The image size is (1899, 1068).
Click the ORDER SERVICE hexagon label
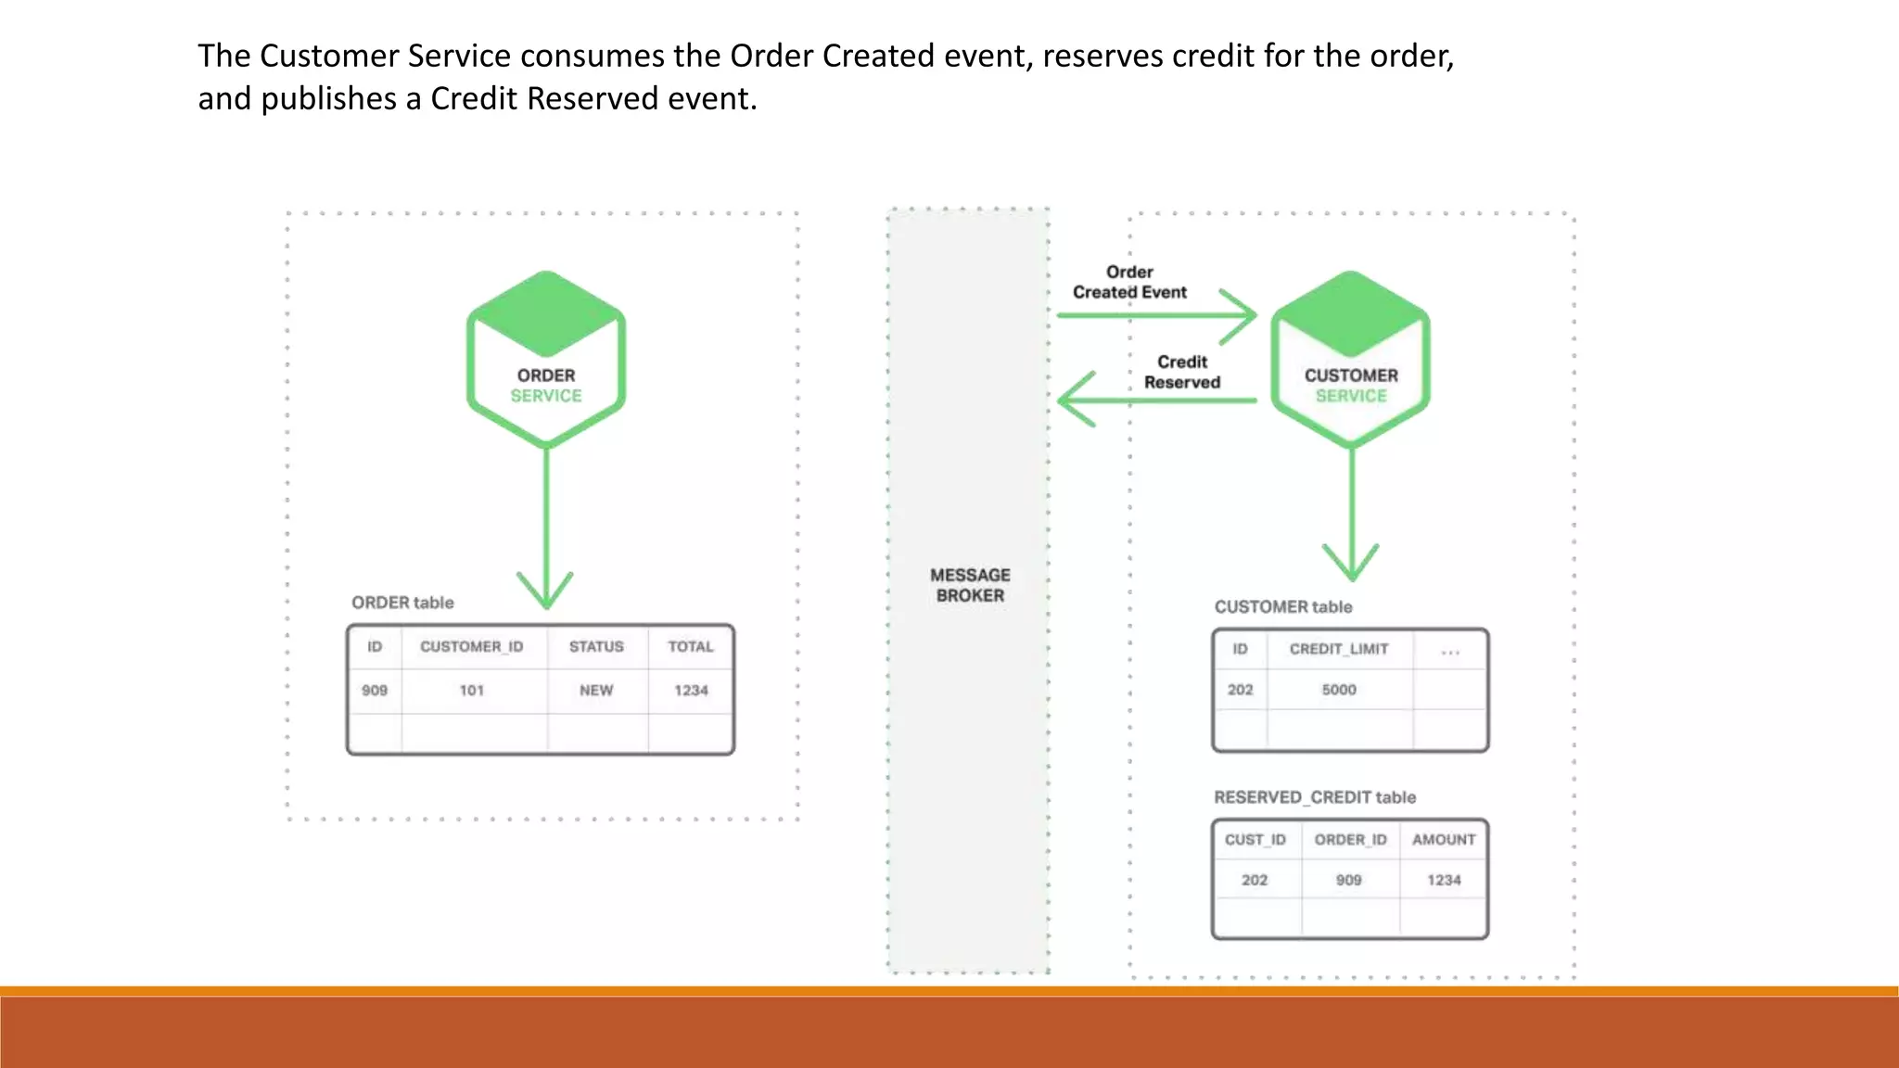[x=546, y=386]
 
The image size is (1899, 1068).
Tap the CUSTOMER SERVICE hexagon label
[x=1351, y=386]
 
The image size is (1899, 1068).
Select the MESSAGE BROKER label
[x=970, y=585]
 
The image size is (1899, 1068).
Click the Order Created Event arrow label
[x=1129, y=282]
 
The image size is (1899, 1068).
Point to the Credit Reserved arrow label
[x=1182, y=372]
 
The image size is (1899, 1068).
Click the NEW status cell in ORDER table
[x=596, y=691]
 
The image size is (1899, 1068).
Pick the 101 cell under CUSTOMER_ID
[x=472, y=691]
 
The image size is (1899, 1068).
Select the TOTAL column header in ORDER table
[x=691, y=647]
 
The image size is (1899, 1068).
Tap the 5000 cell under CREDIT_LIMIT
[x=1339, y=690]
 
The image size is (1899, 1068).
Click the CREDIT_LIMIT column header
[x=1339, y=649]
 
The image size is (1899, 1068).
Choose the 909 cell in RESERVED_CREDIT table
[x=1349, y=880]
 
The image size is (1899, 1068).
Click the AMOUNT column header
[x=1444, y=840]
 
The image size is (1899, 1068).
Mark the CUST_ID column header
[x=1255, y=840]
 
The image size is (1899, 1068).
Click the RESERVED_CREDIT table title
[x=1315, y=797]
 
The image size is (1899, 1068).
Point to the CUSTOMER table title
[x=1283, y=607]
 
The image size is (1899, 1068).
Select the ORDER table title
[x=402, y=603]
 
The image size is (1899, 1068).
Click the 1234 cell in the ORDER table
[x=691, y=691]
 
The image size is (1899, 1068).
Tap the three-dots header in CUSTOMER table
[x=1450, y=652]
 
